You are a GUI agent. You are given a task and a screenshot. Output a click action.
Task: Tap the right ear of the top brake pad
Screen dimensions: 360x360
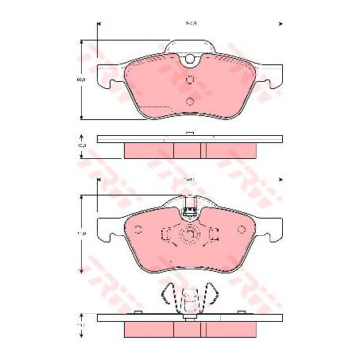[274, 75]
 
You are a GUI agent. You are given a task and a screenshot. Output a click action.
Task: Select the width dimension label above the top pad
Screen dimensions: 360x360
[190, 25]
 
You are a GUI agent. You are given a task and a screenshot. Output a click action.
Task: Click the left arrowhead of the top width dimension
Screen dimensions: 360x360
[99, 25]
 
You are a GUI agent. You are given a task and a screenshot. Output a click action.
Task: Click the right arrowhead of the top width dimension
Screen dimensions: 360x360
[281, 25]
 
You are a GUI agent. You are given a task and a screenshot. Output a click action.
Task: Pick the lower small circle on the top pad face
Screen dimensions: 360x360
[190, 100]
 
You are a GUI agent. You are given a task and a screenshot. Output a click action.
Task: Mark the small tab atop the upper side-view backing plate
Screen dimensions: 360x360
[189, 133]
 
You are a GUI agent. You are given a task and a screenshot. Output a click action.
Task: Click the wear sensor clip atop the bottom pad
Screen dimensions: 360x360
[189, 211]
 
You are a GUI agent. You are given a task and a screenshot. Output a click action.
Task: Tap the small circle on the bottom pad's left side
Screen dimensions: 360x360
[137, 231]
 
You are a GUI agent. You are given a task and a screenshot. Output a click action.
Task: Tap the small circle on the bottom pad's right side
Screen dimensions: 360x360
[242, 231]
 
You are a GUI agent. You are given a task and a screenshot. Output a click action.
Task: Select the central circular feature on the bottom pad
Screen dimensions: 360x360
[189, 235]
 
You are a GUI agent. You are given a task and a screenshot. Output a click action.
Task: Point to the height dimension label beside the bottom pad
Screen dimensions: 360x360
[81, 234]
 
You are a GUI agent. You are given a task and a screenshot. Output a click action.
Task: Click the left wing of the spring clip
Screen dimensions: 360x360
[165, 298]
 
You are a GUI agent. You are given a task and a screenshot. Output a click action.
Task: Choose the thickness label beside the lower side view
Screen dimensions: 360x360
[81, 325]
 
